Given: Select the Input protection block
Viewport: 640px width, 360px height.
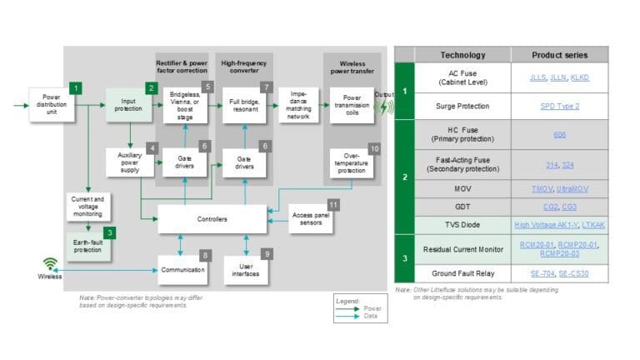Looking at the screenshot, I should (x=127, y=107).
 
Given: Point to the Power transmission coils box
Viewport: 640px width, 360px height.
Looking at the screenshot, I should (x=352, y=106).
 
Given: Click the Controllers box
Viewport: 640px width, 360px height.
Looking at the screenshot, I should (x=212, y=218).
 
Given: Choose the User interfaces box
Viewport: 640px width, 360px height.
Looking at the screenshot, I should (x=246, y=268).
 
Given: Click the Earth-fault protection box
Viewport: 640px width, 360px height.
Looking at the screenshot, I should (x=87, y=247).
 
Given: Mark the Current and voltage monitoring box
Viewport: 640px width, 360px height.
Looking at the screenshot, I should (x=87, y=205).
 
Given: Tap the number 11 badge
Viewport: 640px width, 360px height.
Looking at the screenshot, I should (x=333, y=204).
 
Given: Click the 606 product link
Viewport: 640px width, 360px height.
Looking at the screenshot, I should (x=559, y=134).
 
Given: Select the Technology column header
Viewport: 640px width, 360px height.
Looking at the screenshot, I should (x=462, y=55).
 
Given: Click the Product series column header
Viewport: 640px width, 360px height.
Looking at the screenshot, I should (x=559, y=55).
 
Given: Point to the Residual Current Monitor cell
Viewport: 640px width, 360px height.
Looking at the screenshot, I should (x=462, y=248).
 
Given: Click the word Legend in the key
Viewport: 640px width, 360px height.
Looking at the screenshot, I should (x=347, y=300).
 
